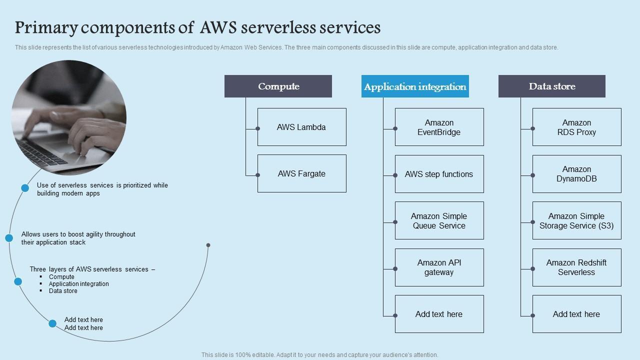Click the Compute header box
point(278,86)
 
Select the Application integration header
point(415,86)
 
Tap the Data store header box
point(552,86)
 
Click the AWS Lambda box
point(301,127)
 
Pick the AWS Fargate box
point(301,173)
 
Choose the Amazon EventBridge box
point(439,127)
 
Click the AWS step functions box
point(439,174)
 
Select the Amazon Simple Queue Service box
point(439,220)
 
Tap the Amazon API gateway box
point(439,267)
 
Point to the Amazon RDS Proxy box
point(576,127)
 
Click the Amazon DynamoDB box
point(576,174)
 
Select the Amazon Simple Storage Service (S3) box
point(576,220)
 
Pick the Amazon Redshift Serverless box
point(576,267)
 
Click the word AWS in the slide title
point(218,27)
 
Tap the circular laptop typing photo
point(69,118)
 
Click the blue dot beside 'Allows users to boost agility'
point(9,238)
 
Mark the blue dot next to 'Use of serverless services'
point(25,188)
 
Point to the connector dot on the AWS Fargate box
point(258,175)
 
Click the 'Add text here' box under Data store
point(576,314)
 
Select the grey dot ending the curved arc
point(208,245)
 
